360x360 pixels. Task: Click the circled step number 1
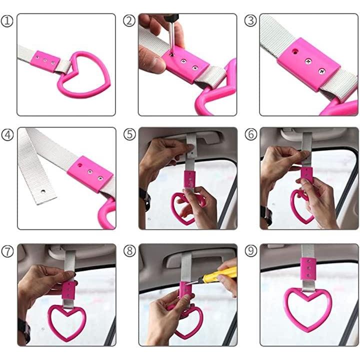[x=7, y=21]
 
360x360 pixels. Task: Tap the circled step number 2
[x=129, y=20]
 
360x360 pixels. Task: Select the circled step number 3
[x=250, y=20]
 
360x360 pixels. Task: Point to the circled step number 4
[x=7, y=135]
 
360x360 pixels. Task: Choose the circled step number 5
[x=129, y=134]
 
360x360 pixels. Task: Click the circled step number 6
[x=251, y=134]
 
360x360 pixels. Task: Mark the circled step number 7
[x=7, y=251]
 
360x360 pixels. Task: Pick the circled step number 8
[x=129, y=251]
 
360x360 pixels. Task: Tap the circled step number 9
[x=251, y=251]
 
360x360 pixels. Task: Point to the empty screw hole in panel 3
[x=294, y=50]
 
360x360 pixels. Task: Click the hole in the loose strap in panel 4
[x=43, y=191]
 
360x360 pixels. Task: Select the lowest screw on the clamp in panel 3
[x=322, y=71]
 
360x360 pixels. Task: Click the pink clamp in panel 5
[x=189, y=179]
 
